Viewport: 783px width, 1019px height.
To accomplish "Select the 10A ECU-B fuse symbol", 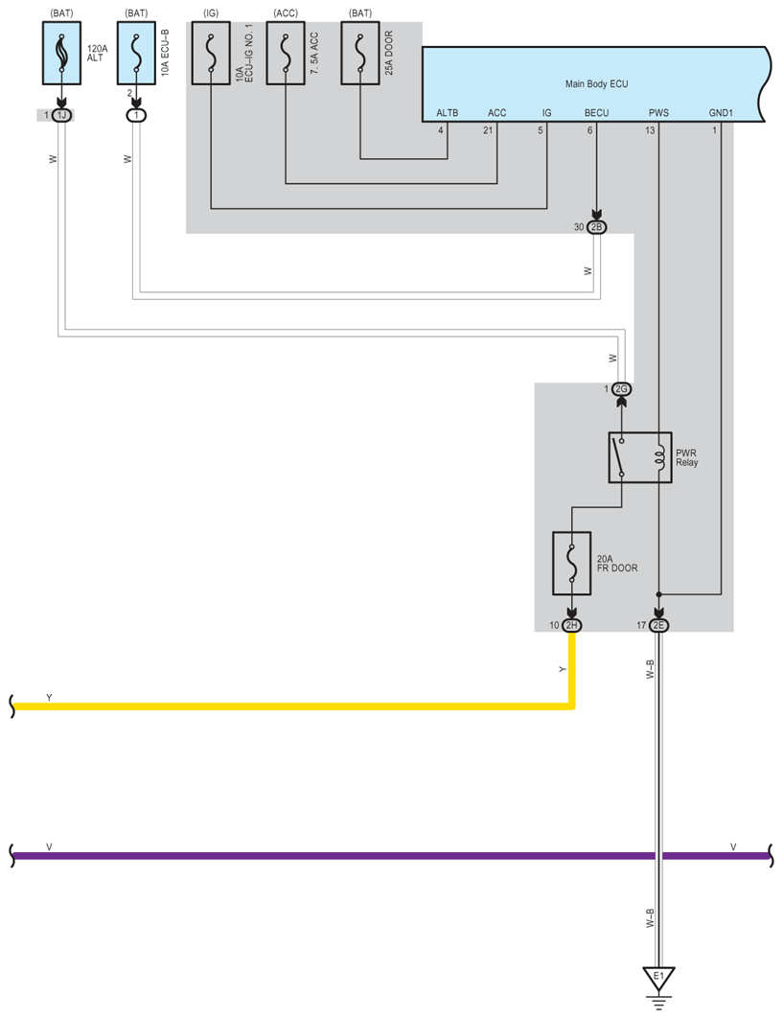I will point(136,54).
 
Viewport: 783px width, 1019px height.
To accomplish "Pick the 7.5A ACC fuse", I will point(285,54).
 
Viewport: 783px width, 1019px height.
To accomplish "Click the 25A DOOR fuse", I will point(360,54).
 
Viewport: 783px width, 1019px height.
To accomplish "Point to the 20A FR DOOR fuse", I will point(571,564).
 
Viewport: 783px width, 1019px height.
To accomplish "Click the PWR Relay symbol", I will point(639,457).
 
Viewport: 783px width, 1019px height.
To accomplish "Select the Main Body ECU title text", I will point(595,84).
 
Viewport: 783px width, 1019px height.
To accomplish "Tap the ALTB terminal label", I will point(448,113).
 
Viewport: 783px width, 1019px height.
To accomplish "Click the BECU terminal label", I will point(596,113).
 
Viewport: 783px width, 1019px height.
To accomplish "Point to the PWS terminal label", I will point(658,113).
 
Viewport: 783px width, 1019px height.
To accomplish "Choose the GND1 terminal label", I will point(721,113).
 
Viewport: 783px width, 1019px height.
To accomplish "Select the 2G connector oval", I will point(621,389).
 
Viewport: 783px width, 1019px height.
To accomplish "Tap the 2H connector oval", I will point(571,625).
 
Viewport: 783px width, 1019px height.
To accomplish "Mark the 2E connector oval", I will point(658,625).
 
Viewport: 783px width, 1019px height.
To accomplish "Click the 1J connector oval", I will point(62,115).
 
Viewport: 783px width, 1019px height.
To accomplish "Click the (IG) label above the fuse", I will point(211,12).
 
